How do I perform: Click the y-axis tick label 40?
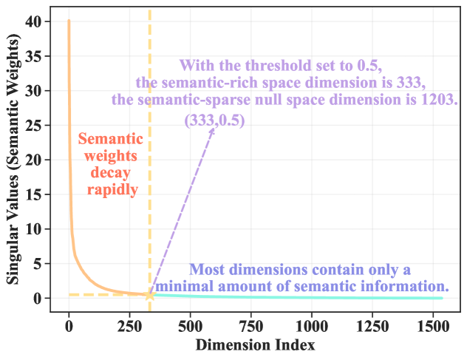pos(33,21)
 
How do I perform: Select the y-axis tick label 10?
pos(33,229)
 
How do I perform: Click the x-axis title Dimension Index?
pos(255,345)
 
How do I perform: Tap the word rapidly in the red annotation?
pos(107,189)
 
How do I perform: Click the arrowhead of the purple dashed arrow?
pos(215,128)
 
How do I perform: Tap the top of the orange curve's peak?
pos(69,21)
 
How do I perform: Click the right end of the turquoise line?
pos(441,298)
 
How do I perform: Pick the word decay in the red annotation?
pos(107,172)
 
